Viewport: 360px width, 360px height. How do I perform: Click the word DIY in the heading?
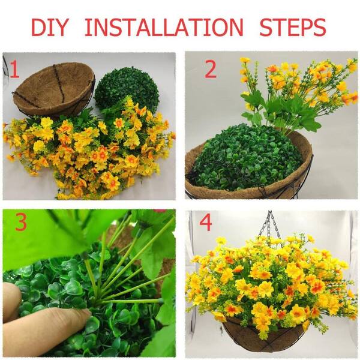50,27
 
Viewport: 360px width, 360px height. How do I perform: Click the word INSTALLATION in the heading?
164,27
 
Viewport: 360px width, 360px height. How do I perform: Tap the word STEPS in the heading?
293,27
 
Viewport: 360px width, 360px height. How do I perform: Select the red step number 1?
14,70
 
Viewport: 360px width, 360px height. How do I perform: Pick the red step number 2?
211,70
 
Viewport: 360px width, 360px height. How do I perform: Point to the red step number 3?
21,222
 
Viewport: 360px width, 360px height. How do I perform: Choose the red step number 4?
205,223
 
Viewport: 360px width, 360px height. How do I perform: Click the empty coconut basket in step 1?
54,89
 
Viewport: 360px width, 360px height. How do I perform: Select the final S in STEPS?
320,27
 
